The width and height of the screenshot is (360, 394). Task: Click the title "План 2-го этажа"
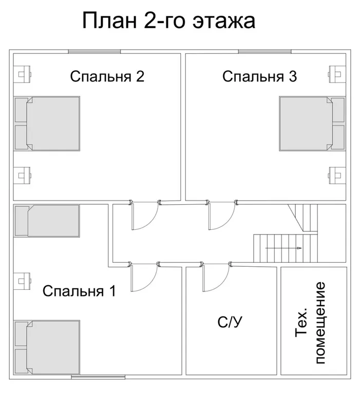(168, 21)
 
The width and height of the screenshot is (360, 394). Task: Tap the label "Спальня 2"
(107, 77)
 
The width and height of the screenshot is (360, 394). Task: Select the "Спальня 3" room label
(259, 77)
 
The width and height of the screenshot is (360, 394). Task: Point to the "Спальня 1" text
(79, 291)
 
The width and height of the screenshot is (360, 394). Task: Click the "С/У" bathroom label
(230, 323)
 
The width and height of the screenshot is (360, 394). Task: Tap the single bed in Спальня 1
(47, 221)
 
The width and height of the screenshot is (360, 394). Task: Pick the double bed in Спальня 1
(47, 347)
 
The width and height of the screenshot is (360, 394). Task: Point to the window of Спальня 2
(94, 51)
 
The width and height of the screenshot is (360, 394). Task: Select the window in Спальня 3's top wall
(264, 51)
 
